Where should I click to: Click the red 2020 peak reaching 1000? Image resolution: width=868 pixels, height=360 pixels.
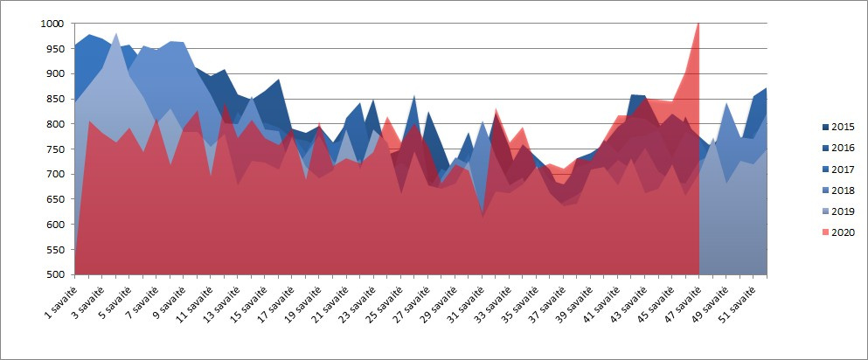[x=698, y=25]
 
